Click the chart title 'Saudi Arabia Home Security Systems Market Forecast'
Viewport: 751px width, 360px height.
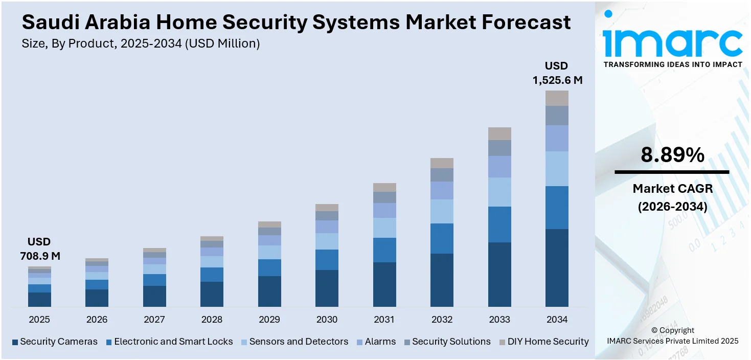[296, 22]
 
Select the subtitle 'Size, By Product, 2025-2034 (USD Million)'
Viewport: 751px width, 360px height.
[141, 44]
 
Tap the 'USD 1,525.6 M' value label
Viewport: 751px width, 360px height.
[557, 73]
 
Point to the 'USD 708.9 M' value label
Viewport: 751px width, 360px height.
[39, 249]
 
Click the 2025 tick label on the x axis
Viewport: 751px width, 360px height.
[39, 320]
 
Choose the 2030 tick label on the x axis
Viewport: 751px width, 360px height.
[327, 320]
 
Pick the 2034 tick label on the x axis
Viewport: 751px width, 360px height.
[557, 320]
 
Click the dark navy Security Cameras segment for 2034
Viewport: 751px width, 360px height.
[557, 268]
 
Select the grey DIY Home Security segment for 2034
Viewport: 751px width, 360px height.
[557, 98]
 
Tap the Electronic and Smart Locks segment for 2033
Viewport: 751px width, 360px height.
[499, 224]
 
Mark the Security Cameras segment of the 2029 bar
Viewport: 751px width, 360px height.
[269, 291]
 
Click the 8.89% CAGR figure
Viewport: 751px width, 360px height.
[672, 155]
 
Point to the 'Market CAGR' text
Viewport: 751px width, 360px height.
[672, 189]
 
